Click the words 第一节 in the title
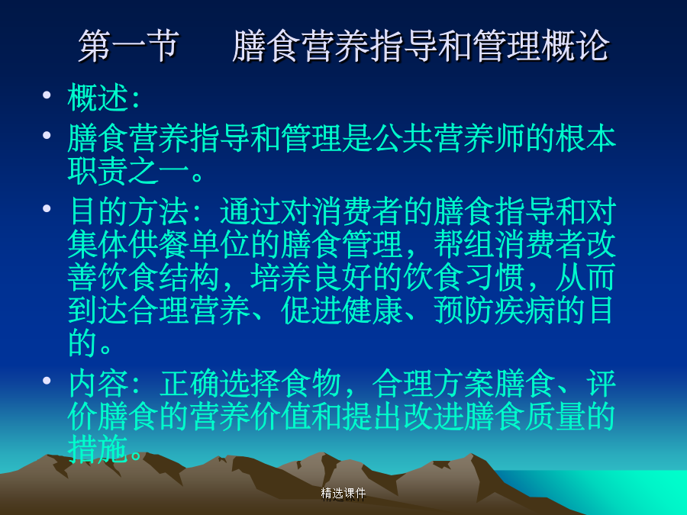coord(129,46)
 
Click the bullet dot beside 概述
coord(47,95)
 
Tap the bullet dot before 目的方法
coord(47,208)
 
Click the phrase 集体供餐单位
coord(159,244)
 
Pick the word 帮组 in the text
coord(463,244)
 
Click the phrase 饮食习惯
coord(463,278)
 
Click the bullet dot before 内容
coord(47,381)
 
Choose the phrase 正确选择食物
coord(250,384)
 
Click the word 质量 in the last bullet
coord(555,416)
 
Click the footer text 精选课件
coord(343,494)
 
